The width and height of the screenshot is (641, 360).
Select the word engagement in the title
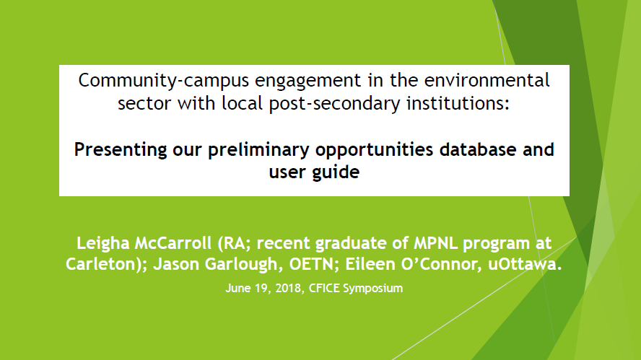[x=308, y=81]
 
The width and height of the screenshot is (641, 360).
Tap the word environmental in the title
[x=487, y=80]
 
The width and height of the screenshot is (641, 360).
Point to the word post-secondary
[x=334, y=104]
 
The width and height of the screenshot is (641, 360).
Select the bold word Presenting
[x=120, y=150]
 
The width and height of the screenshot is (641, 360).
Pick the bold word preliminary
[x=258, y=150]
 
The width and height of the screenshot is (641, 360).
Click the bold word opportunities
[x=374, y=150]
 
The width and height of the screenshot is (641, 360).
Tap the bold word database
[x=478, y=149]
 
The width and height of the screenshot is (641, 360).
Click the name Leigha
[x=103, y=244]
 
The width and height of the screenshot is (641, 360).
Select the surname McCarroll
[x=173, y=244]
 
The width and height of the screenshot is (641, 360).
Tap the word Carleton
[x=103, y=264]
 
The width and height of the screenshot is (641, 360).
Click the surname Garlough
[x=242, y=265]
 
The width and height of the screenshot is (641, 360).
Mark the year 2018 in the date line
[x=289, y=289]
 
